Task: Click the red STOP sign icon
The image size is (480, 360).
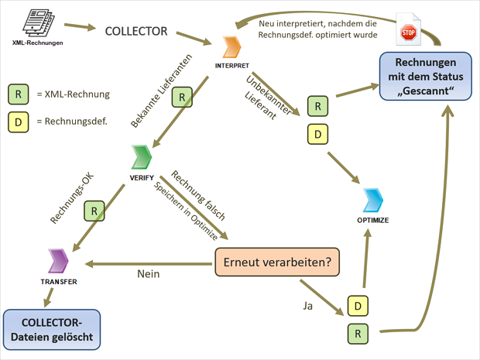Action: (409, 33)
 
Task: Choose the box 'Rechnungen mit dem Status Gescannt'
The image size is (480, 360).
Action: (423, 75)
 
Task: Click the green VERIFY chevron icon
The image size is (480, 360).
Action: (140, 157)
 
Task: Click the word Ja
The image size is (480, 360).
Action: (308, 306)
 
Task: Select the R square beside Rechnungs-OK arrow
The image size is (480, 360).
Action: (94, 211)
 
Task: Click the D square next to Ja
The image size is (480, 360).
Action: (357, 306)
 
